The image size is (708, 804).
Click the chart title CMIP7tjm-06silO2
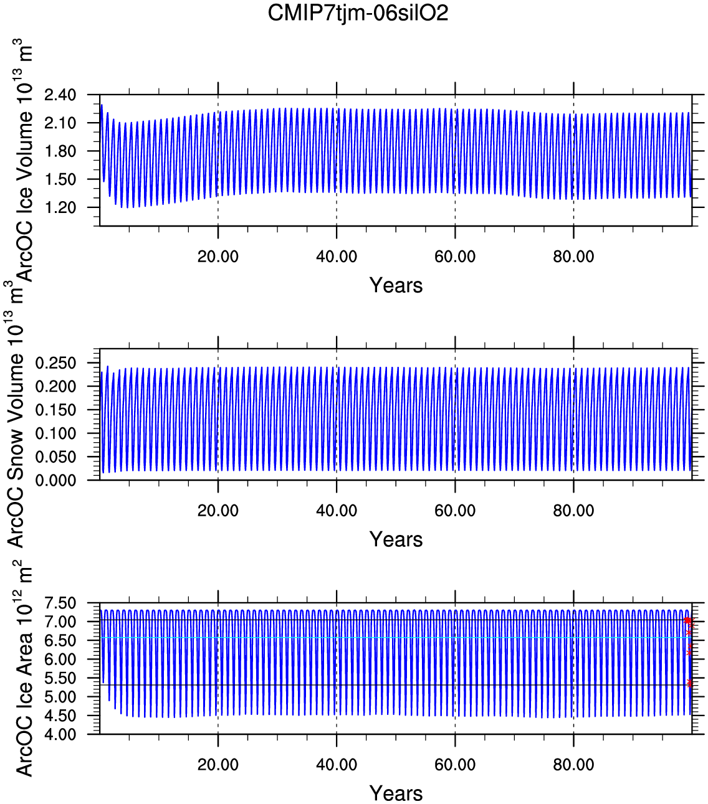(358, 13)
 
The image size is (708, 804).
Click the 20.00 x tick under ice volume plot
(218, 257)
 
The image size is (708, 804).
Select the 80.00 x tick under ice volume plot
(573, 257)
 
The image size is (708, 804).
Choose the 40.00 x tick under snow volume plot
(337, 511)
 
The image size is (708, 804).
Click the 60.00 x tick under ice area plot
(455, 765)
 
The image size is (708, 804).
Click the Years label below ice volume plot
(396, 285)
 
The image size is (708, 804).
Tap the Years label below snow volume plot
(396, 539)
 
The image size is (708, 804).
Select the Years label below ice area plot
(396, 793)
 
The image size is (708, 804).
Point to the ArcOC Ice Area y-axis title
(24, 669)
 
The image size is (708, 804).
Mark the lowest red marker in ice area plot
(689, 683)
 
